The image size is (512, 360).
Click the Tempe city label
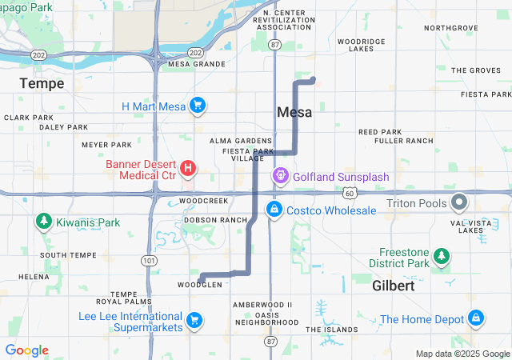42,83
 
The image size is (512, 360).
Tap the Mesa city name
294,113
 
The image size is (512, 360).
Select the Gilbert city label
393,286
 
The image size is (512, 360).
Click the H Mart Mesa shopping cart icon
198,106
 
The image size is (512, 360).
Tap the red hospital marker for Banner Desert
187,168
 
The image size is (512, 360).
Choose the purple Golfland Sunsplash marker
281,175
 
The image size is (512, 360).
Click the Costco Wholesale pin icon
274,210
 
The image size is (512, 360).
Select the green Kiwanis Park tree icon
42,222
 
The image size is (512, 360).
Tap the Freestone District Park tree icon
440,257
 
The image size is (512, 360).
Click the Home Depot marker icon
476,318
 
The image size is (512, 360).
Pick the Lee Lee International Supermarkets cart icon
194,321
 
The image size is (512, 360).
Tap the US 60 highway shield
350,193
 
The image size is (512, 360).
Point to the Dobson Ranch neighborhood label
215,219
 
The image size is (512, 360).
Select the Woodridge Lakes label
362,44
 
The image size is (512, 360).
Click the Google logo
26,350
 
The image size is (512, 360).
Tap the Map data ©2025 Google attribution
462,354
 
